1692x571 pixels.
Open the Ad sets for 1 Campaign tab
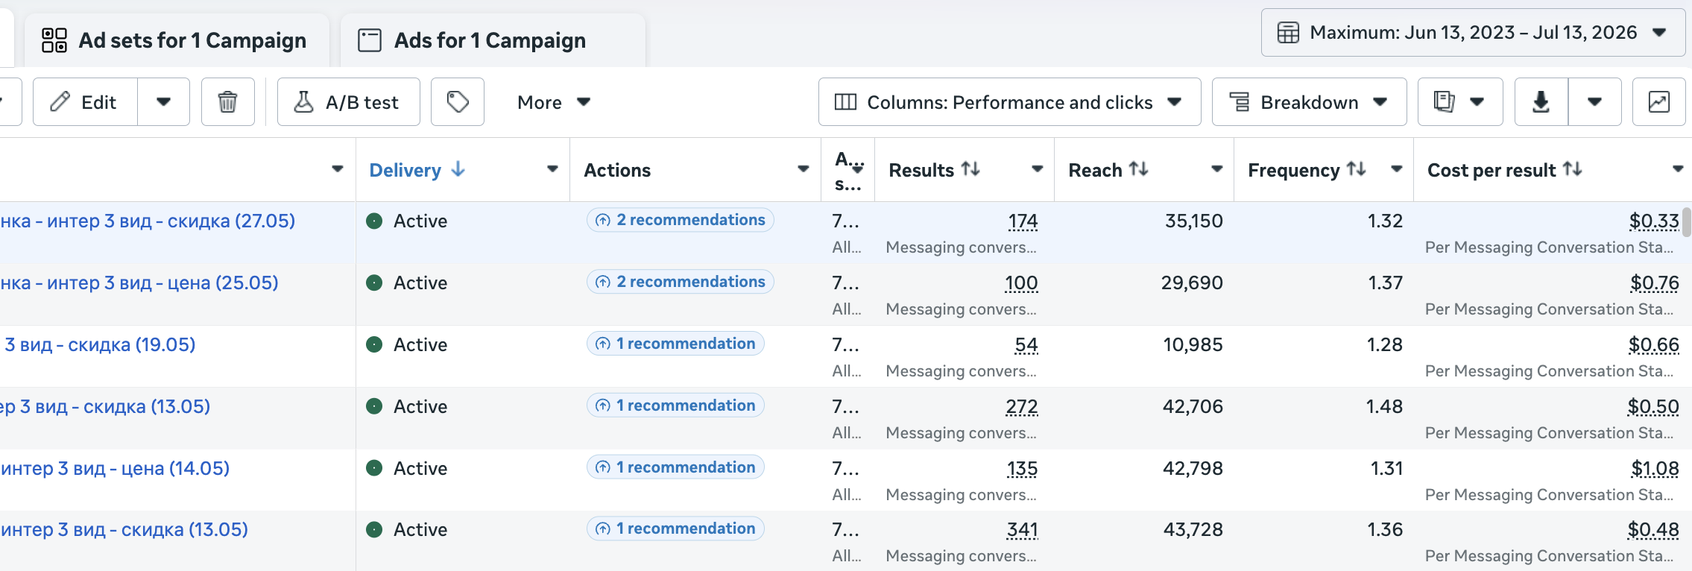click(176, 40)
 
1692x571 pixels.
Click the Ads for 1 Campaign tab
click(492, 40)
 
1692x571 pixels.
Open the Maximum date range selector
click(1473, 33)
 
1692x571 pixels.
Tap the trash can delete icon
click(228, 102)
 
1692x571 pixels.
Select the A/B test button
click(348, 102)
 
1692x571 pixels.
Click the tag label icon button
click(458, 102)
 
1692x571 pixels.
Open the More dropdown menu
click(554, 102)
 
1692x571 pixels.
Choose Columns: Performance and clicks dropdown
click(1009, 102)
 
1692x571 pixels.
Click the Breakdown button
click(1309, 102)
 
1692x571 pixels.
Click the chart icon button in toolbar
click(1658, 102)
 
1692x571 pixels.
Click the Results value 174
click(1023, 221)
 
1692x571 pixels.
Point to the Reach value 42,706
click(1193, 407)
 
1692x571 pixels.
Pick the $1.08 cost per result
click(1655, 469)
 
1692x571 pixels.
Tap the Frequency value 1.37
click(1385, 283)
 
